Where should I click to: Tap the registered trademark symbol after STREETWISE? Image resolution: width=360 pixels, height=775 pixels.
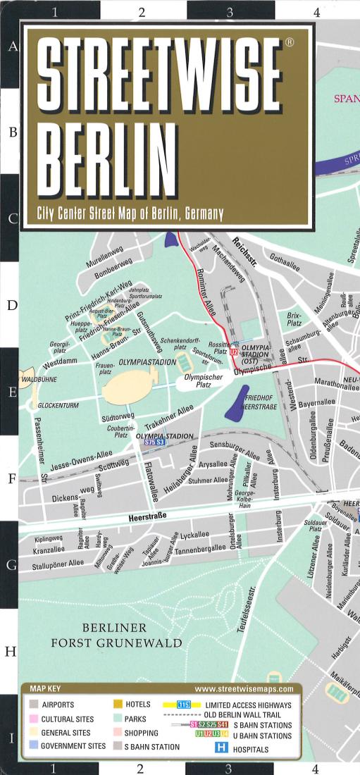pyautogui.click(x=289, y=44)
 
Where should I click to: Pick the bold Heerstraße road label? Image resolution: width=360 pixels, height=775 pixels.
pyautogui.click(x=147, y=517)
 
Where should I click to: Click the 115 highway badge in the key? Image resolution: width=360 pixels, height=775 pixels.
pyautogui.click(x=184, y=705)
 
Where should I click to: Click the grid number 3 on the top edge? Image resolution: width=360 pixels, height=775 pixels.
pyautogui.click(x=229, y=11)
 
